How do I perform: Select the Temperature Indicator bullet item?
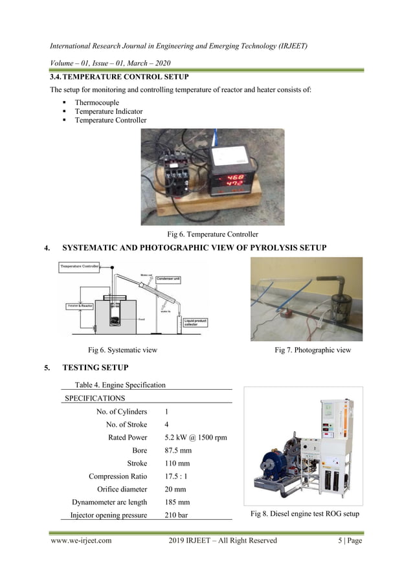(x=108, y=111)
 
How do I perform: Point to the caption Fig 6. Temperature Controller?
(x=212, y=234)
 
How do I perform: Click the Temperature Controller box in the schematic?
(x=84, y=266)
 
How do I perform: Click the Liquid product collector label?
(x=199, y=321)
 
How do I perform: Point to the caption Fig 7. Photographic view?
(x=313, y=350)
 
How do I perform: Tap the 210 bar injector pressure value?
(x=176, y=515)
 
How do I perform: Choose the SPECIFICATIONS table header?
(x=95, y=398)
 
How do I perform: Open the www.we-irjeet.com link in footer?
(x=81, y=541)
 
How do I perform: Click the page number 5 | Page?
(x=345, y=541)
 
